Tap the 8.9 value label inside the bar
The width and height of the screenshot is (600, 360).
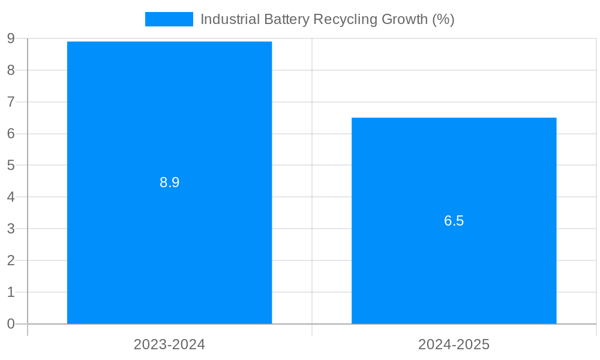pos(169,182)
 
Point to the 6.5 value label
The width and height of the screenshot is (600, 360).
pos(454,221)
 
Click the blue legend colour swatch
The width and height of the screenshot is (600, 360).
pos(169,19)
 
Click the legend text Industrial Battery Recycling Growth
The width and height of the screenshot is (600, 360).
pos(327,19)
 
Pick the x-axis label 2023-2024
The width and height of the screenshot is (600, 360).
pos(169,344)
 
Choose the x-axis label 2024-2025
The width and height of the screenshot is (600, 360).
pos(454,344)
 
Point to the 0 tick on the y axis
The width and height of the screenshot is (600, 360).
pos(11,324)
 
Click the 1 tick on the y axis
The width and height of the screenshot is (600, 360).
pos(11,292)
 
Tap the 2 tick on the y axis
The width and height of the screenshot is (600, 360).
pos(11,260)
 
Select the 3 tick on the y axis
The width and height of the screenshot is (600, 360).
pos(11,229)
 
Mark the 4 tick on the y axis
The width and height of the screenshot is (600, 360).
pos(11,197)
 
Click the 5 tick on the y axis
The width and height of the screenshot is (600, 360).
pos(11,165)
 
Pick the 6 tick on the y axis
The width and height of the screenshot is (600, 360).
pos(11,134)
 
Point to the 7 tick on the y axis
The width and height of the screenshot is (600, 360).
pos(11,102)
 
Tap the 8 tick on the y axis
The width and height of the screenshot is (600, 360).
pos(11,70)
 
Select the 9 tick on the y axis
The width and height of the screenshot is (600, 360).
pos(11,38)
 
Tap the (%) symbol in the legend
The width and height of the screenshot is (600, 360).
pos(443,19)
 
